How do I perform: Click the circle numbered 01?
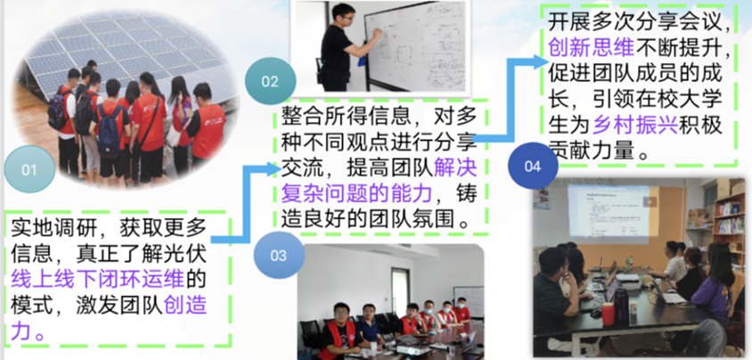[x=29, y=169]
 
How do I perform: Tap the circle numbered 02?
[x=270, y=81]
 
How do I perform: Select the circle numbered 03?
[x=279, y=256]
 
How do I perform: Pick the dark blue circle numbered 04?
[x=532, y=167]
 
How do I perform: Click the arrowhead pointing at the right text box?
[x=541, y=61]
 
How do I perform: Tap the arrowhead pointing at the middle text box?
[x=274, y=168]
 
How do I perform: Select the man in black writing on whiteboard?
[x=345, y=47]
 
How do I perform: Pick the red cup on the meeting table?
[x=609, y=314]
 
